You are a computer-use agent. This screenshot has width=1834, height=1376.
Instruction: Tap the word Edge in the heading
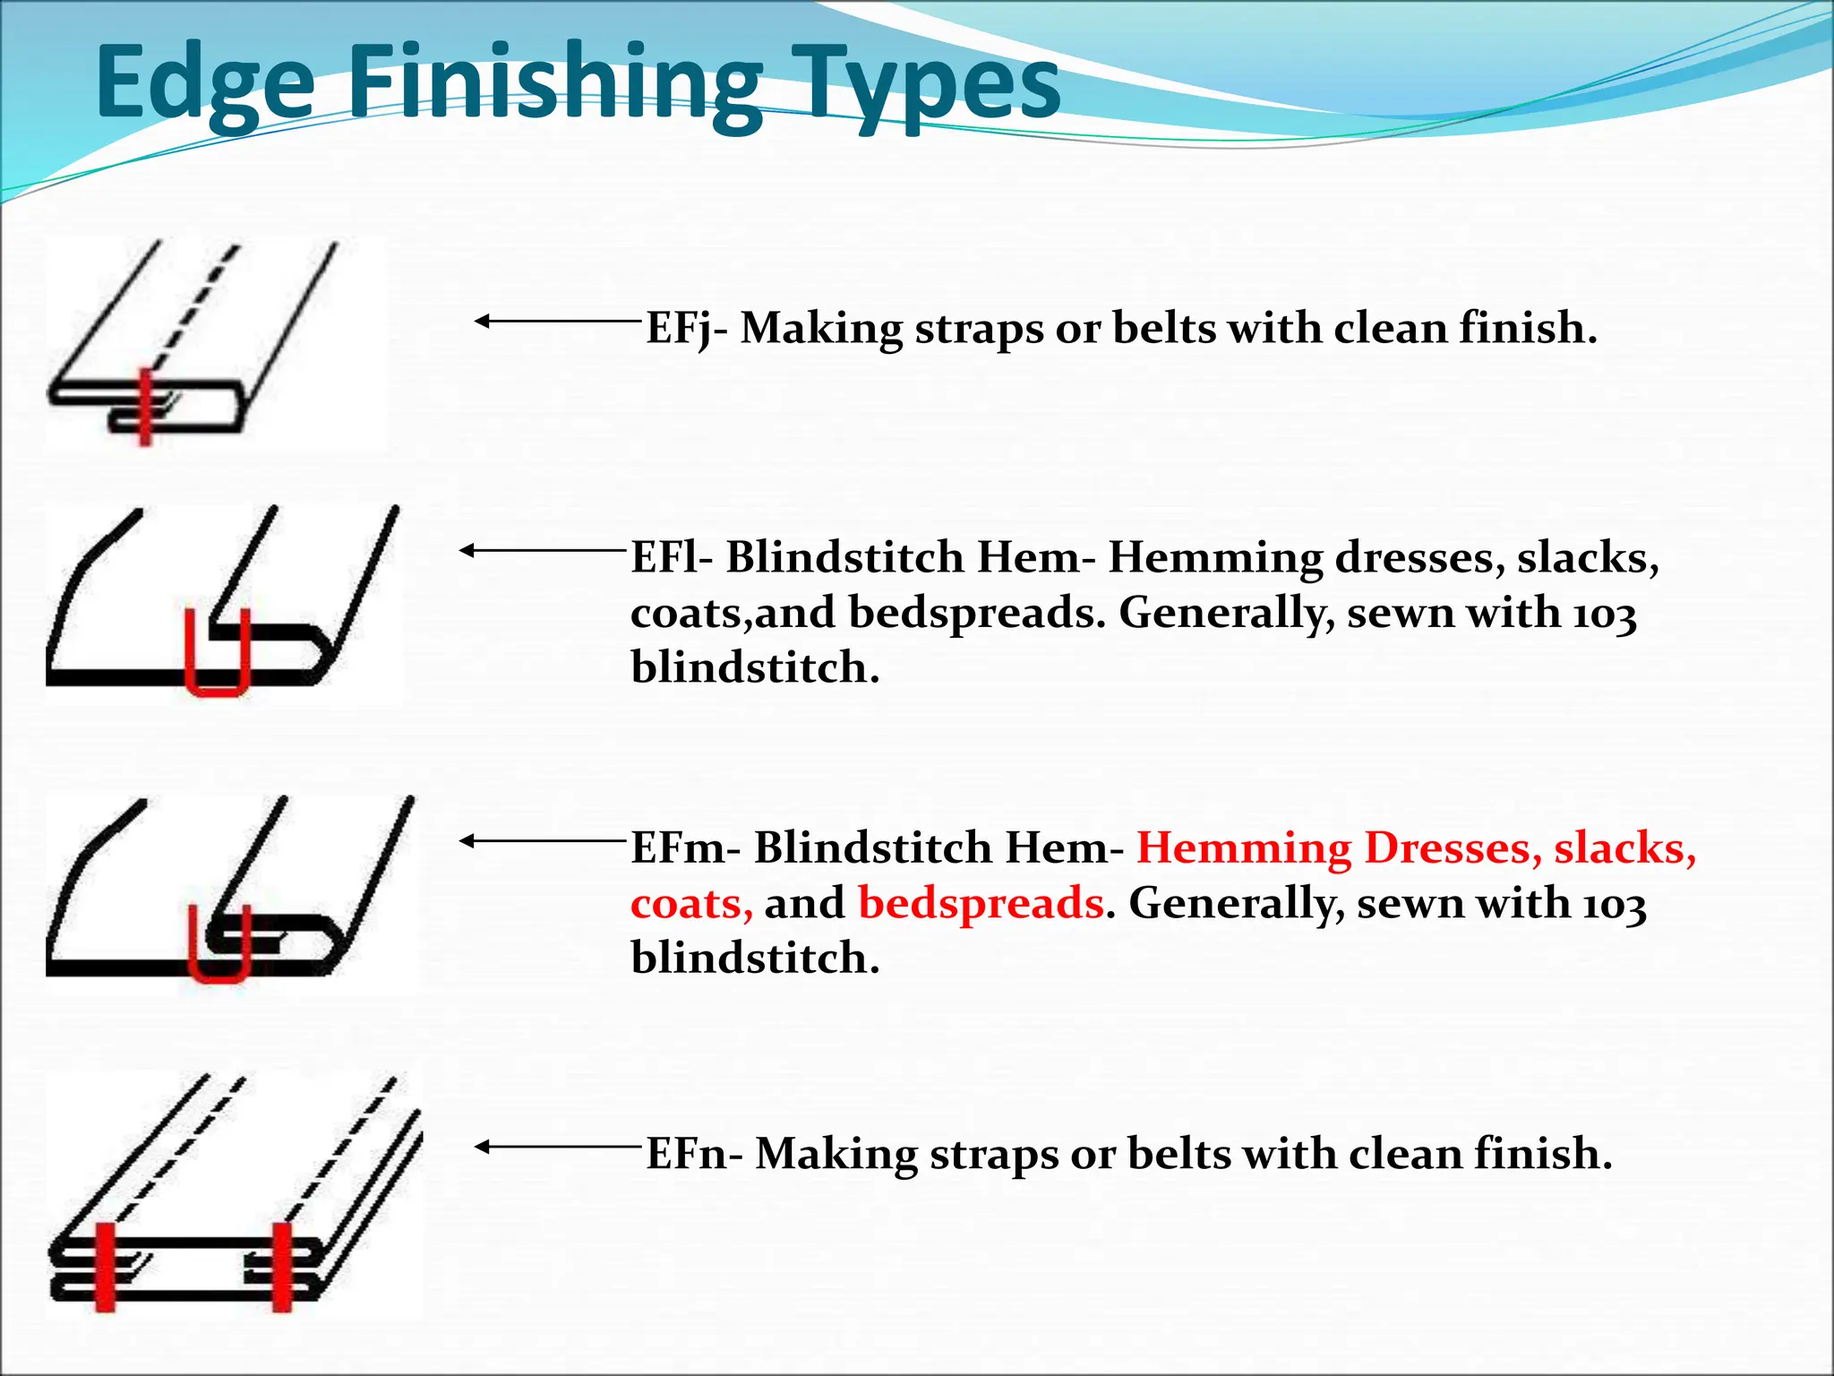coord(205,84)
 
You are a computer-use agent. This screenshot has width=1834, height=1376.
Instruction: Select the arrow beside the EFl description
coord(542,550)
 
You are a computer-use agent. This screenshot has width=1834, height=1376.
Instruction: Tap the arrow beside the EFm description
coord(542,840)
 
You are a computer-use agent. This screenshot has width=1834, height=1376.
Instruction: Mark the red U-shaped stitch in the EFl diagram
coord(217,685)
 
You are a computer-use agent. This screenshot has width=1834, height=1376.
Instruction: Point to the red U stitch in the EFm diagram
coord(219,973)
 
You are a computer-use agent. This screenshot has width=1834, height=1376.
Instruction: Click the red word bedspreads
coord(981,903)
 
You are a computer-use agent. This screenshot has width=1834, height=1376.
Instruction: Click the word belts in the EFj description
coord(1164,328)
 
